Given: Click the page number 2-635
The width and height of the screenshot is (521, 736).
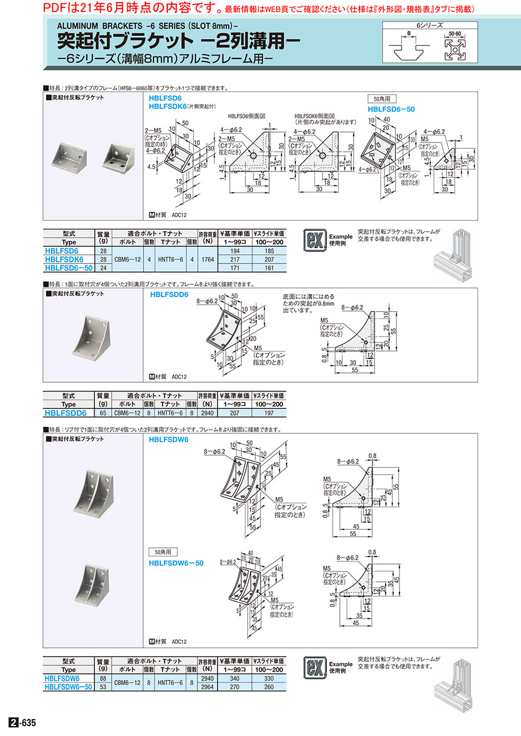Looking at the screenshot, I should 23,723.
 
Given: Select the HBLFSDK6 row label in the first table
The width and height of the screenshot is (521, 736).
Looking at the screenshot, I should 68,260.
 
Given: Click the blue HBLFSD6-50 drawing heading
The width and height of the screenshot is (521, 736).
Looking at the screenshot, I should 391,109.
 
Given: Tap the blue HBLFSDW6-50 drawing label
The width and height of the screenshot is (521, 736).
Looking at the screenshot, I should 176,562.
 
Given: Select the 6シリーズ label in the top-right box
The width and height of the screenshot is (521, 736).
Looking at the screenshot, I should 430,25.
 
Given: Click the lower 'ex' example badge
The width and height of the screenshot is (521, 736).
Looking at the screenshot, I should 315,667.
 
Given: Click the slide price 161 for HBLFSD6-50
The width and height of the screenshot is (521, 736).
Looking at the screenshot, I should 268,268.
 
